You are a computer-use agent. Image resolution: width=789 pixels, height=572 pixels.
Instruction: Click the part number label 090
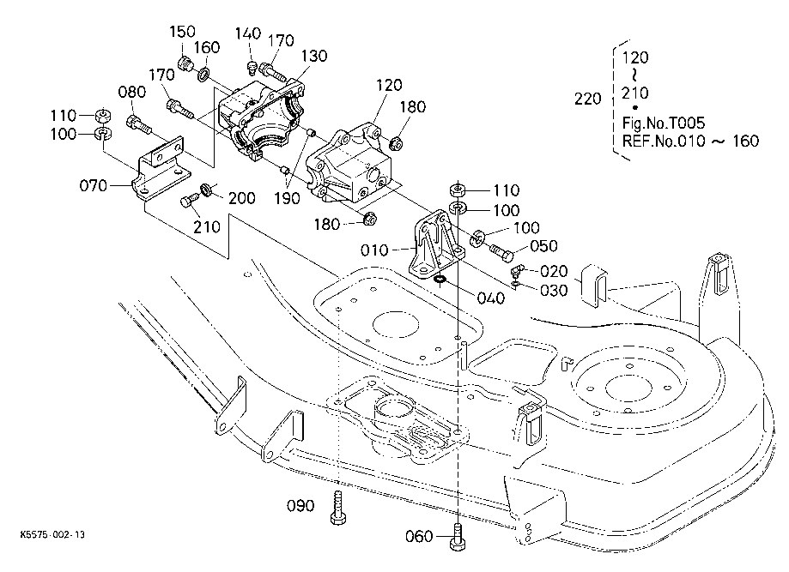pyautogui.click(x=300, y=505)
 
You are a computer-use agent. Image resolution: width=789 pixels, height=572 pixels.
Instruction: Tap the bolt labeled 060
pyautogui.click(x=457, y=537)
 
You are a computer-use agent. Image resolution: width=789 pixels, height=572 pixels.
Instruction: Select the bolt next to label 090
pyautogui.click(x=338, y=509)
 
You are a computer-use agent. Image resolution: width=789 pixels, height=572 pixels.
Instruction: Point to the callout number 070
pyautogui.click(x=94, y=185)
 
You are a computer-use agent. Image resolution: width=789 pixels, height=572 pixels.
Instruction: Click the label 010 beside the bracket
pyautogui.click(x=374, y=250)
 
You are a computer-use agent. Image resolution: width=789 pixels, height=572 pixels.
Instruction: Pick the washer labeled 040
pyautogui.click(x=440, y=279)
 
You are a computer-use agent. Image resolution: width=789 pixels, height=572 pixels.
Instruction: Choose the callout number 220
pyautogui.click(x=588, y=99)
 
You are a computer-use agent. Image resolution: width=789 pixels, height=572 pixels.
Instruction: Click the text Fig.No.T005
pyautogui.click(x=663, y=123)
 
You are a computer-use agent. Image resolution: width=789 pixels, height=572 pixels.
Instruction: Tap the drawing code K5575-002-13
pyautogui.click(x=52, y=533)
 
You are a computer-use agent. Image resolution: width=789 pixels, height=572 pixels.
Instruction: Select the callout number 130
pyautogui.click(x=314, y=55)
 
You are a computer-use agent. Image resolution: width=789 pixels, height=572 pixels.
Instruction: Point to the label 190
pyautogui.click(x=287, y=198)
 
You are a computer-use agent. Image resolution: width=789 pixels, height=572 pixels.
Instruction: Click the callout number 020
pyautogui.click(x=554, y=272)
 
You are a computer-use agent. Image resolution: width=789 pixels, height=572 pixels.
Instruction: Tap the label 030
pyautogui.click(x=554, y=290)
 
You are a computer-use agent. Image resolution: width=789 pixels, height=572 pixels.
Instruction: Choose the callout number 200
pyautogui.click(x=242, y=198)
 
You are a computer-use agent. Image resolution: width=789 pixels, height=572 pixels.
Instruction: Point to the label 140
pyautogui.click(x=248, y=33)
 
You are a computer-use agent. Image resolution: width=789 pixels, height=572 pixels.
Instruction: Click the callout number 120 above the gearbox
pyautogui.click(x=389, y=84)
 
